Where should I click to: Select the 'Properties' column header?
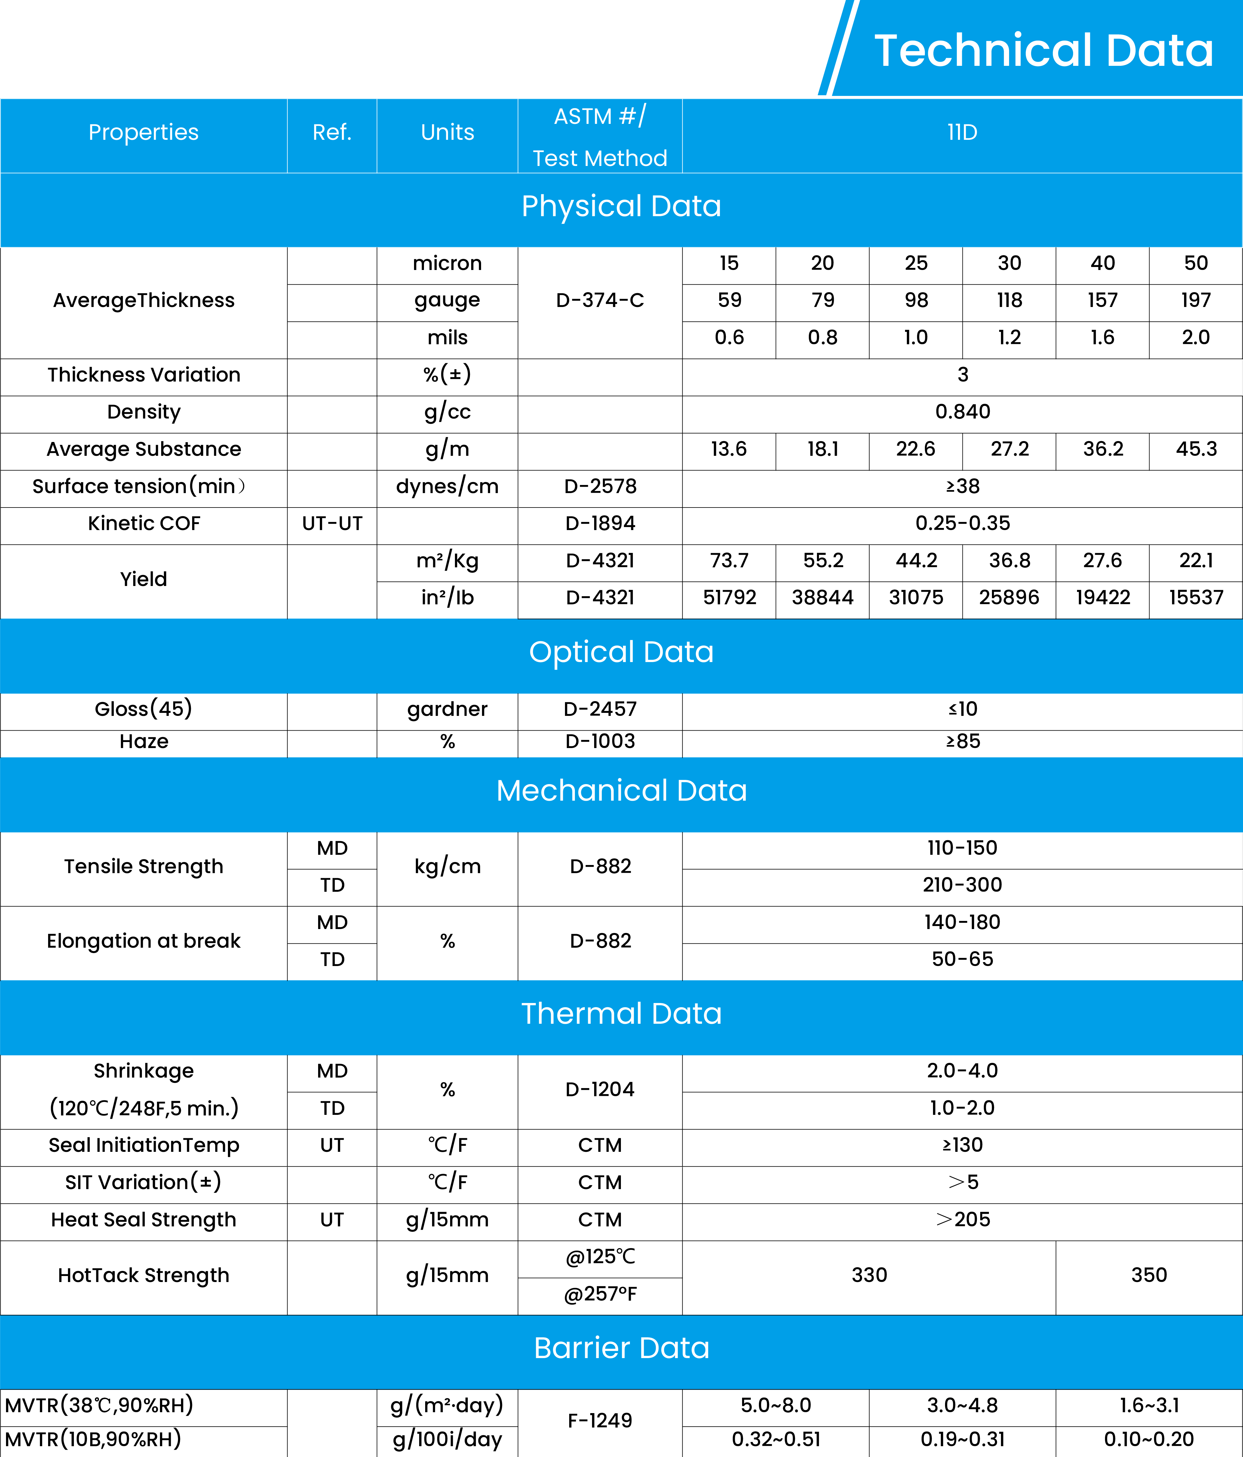pos(143,132)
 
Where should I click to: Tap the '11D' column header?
pos(962,132)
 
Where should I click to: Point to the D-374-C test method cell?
pos(600,300)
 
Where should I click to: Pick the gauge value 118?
pos(1009,300)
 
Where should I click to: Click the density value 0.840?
pos(962,411)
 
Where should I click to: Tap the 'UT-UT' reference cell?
pos(332,523)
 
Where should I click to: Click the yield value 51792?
pos(729,598)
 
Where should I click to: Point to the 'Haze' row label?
pos(143,741)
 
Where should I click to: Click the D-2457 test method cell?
pos(600,709)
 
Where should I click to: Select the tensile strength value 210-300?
pos(962,885)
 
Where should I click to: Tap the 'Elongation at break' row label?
pos(143,941)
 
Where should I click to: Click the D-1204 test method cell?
pos(600,1089)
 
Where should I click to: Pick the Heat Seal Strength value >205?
pos(962,1219)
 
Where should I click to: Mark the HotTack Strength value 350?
pos(1149,1275)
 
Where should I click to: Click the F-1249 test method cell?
pos(600,1420)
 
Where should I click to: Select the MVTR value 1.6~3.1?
pos(1149,1405)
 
